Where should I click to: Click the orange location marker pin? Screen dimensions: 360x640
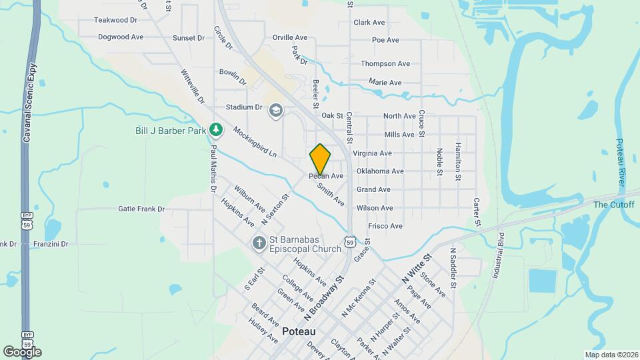coord(320,159)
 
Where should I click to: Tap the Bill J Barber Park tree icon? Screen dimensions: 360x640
coord(215,129)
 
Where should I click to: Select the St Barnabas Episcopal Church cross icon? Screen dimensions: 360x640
coord(259,243)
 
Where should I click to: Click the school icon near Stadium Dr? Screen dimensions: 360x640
coord(275,110)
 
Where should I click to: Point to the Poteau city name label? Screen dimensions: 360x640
coord(299,331)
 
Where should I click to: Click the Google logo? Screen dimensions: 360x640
coord(22,351)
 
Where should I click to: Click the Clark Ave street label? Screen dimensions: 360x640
coord(369,22)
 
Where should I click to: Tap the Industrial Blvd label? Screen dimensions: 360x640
coord(500,257)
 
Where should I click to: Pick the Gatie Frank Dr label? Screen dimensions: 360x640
coord(141,209)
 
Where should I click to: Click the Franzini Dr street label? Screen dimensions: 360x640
coord(50,244)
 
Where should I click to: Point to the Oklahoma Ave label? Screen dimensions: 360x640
coord(380,171)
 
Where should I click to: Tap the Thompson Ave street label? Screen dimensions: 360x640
coord(385,64)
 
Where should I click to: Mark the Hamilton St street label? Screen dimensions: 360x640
coord(458,161)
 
